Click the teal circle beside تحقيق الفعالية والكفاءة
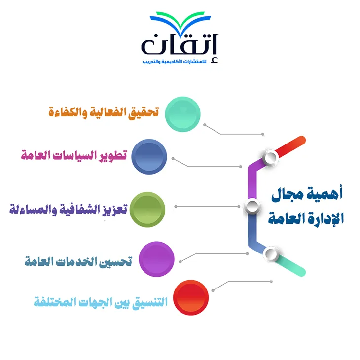coord(182,114)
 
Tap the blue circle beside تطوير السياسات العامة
coord(149,157)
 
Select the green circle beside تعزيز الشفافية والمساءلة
coord(147,210)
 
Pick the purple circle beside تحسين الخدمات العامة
coord(157,259)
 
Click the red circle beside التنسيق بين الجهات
coord(191,297)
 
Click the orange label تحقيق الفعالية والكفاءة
coord(104,112)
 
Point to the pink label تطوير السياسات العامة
coord(74,155)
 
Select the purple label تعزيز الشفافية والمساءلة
coord(69,209)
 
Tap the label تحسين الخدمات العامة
coord(78,261)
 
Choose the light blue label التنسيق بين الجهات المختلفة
coord(101,302)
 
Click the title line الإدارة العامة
coord(306,218)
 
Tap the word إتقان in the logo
coord(180,45)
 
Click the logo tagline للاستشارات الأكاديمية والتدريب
coord(174,62)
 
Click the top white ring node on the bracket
coord(270,157)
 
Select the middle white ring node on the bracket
coord(252,206)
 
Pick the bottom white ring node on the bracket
coord(271,254)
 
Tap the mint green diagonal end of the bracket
coord(291,265)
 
